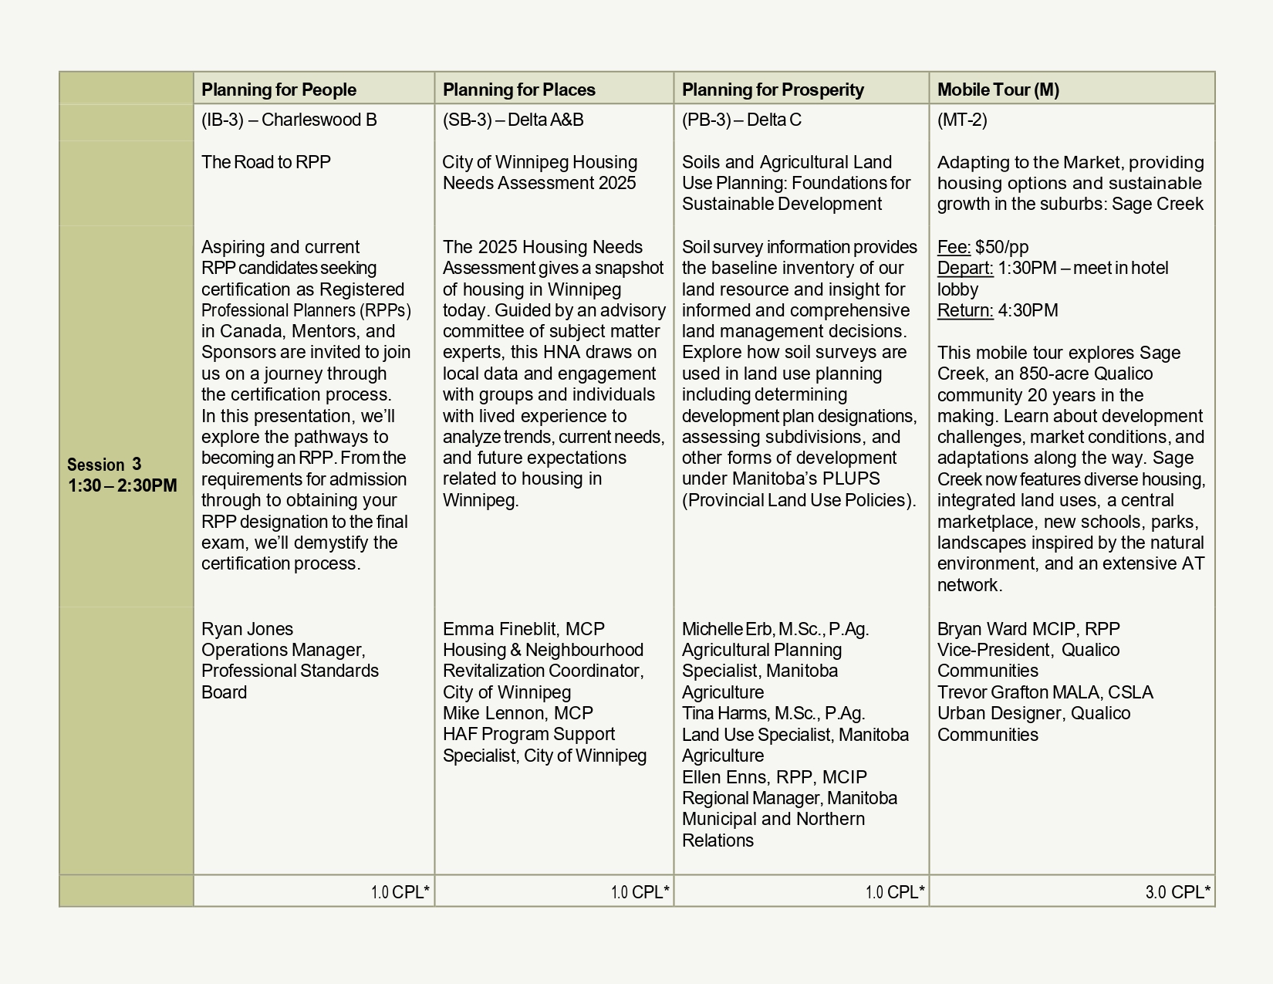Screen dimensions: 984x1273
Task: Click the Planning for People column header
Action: point(279,90)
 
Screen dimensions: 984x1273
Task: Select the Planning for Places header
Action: point(518,90)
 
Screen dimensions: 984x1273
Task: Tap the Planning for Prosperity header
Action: point(772,90)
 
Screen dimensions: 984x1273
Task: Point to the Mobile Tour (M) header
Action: point(998,90)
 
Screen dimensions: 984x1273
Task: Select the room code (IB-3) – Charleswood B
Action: point(289,120)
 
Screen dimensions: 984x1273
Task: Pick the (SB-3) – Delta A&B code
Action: point(512,120)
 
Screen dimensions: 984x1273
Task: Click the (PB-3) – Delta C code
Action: point(741,120)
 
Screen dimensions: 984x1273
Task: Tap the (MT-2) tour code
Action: point(961,120)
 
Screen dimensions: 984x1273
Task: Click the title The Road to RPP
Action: point(265,162)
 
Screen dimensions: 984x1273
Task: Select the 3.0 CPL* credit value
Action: point(1177,892)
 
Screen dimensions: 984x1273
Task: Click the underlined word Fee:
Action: point(954,247)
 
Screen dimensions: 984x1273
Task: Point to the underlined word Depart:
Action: point(964,268)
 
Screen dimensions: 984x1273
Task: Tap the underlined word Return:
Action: point(964,310)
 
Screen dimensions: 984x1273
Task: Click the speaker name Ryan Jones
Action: point(247,629)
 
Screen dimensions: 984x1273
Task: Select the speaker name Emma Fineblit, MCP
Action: point(523,629)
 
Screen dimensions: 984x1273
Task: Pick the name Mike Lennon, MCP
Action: point(517,713)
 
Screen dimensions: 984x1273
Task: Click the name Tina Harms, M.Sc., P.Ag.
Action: point(773,713)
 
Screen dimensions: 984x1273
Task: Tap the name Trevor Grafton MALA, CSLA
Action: point(1045,692)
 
